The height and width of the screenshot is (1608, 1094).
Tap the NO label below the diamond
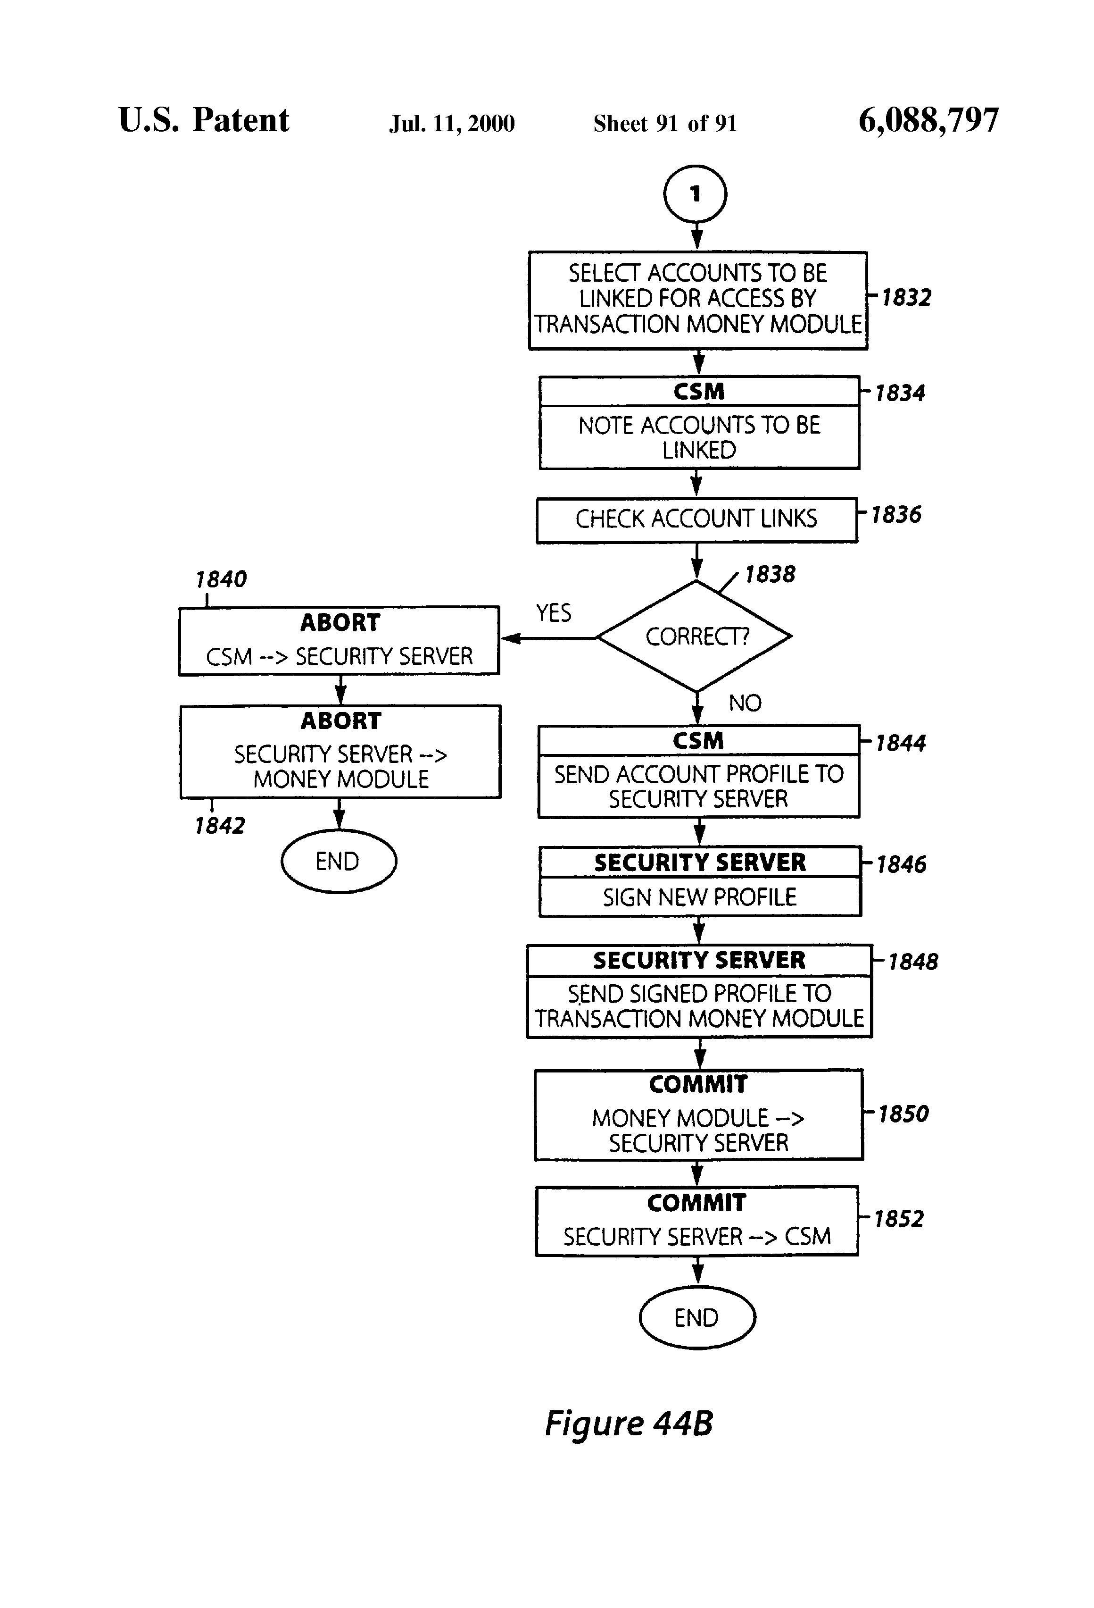click(744, 703)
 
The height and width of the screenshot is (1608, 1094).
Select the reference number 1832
click(906, 298)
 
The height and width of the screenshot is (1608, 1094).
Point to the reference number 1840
click(221, 579)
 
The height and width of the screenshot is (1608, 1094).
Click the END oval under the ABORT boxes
click(338, 861)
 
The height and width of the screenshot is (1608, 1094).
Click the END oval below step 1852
click(696, 1317)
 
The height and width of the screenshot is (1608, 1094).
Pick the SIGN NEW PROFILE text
click(699, 897)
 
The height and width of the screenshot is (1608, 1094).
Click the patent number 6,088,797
click(928, 120)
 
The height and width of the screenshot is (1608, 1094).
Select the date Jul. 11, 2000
click(452, 124)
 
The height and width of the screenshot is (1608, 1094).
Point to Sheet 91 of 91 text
click(664, 124)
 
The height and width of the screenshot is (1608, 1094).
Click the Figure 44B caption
click(628, 1423)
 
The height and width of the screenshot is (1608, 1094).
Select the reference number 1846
click(901, 864)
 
